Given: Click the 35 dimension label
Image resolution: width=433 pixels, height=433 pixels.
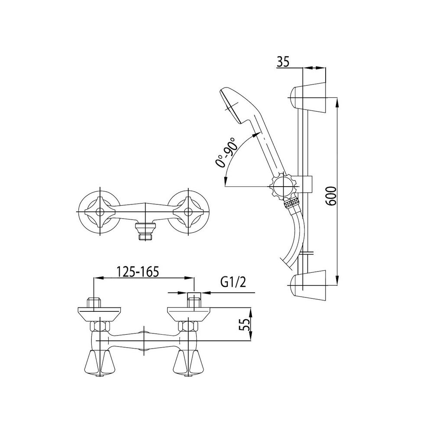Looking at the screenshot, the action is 283,61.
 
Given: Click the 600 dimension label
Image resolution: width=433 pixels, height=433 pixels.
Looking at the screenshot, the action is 331,196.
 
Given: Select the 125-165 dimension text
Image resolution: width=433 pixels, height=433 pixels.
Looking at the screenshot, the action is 138,271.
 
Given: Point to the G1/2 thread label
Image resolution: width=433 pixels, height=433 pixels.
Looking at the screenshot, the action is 233,282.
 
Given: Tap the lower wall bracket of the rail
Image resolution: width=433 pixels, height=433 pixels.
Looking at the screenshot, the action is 307,285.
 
